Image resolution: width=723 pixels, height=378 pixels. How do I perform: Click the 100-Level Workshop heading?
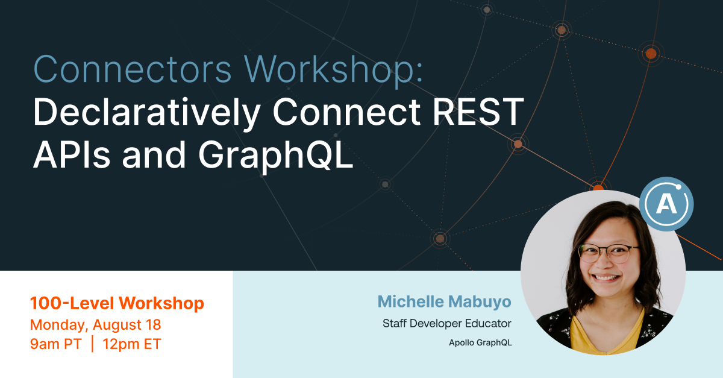click(x=117, y=303)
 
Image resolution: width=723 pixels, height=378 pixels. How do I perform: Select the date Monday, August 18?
click(x=96, y=324)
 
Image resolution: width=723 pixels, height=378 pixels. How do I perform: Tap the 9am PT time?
click(x=56, y=344)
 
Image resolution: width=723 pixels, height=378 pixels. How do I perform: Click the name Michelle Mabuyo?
click(x=445, y=301)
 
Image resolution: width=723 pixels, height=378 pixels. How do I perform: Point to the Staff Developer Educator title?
click(x=447, y=324)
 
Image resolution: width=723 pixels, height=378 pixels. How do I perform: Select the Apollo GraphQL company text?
click(x=480, y=343)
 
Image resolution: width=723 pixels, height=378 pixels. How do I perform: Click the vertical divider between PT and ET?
click(x=93, y=344)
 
